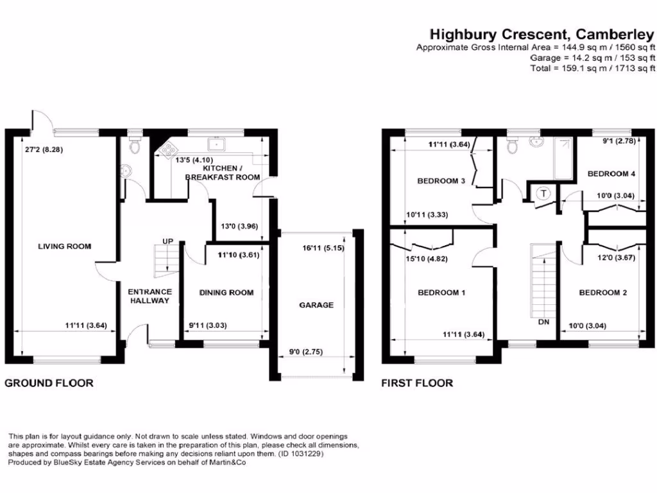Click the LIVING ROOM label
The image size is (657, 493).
[64, 246]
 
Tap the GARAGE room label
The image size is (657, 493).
[316, 305]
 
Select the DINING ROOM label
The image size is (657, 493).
[226, 293]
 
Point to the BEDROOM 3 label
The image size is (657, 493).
[441, 181]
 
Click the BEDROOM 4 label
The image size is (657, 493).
[611, 174]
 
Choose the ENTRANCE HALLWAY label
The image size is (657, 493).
[149, 296]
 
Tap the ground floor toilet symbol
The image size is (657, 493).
[135, 144]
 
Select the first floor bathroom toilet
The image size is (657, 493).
[512, 146]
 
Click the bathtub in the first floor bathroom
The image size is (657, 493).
[562, 158]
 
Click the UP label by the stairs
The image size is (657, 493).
[168, 241]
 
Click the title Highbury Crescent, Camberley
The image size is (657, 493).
[542, 33]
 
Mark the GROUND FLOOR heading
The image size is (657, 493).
[49, 383]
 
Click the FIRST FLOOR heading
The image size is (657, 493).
[417, 383]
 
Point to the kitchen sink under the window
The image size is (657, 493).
[214, 142]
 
